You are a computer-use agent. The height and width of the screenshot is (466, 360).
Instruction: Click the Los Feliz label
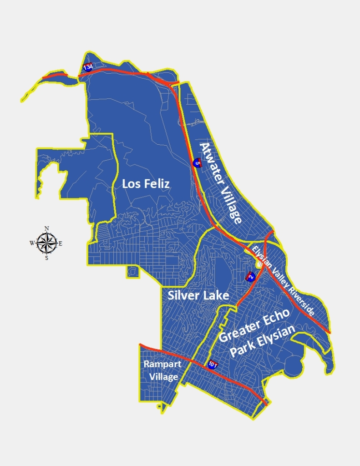[146, 184]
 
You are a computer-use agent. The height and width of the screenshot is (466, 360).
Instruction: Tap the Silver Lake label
[198, 295]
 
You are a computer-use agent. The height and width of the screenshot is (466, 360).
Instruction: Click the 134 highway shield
[88, 67]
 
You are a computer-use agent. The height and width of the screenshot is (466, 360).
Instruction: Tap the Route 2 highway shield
[250, 276]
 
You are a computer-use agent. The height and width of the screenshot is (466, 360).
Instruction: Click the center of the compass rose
[46, 243]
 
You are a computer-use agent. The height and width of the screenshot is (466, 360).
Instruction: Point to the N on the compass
[46, 228]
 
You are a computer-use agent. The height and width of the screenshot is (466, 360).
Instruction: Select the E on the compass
[61, 243]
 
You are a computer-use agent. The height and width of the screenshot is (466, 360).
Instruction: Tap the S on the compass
[46, 258]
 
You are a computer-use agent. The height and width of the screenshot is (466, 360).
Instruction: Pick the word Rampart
[162, 364]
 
